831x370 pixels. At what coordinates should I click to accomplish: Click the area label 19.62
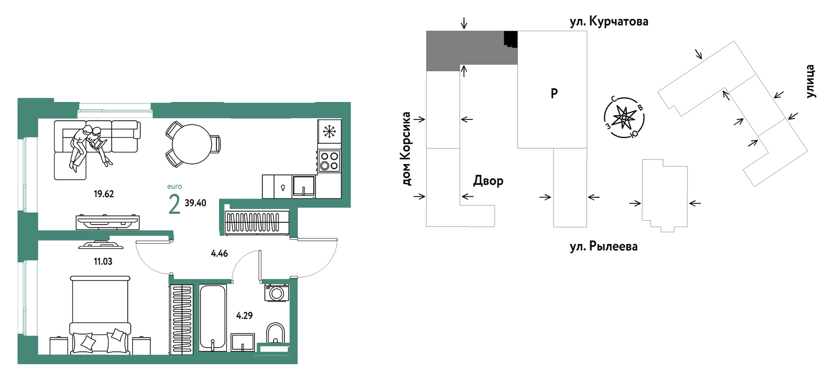point(103,194)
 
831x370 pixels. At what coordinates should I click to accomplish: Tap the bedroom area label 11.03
point(103,261)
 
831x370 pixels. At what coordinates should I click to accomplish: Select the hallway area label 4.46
point(219,254)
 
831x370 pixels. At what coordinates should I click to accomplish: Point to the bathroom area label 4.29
point(244,315)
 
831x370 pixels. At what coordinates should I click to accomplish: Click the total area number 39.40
point(195,203)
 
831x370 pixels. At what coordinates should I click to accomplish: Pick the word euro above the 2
point(174,186)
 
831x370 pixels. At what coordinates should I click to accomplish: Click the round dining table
point(192,144)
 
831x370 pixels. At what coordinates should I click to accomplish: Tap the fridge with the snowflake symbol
point(329,131)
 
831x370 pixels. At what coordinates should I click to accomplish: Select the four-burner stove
point(329,161)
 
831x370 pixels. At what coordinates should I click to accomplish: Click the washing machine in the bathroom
point(276,293)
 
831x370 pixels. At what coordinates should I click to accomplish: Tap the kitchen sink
point(303,186)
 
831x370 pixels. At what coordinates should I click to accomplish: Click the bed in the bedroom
point(100,315)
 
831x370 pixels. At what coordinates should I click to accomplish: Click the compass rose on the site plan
point(624,118)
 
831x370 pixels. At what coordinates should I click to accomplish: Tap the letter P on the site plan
point(554,93)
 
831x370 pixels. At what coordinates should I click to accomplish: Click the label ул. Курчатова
point(609,22)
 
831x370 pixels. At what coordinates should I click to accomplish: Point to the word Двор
point(488,181)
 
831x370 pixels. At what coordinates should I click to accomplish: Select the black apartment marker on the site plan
point(511,39)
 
